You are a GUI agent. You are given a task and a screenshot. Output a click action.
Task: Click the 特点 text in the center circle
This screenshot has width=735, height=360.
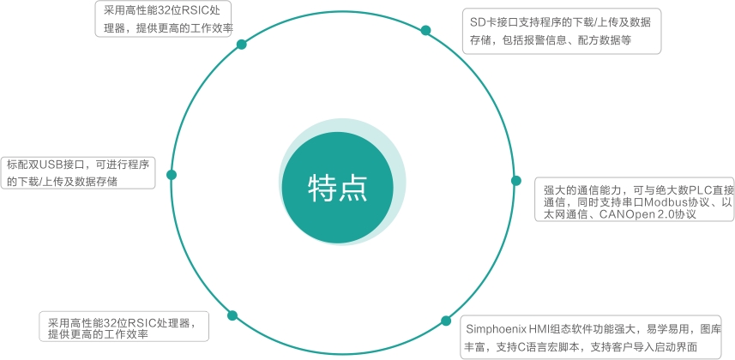(338, 188)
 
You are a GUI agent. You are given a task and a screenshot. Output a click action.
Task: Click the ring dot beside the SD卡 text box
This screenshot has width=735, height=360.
(425, 31)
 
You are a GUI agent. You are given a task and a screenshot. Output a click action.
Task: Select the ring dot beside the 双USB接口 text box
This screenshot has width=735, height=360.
(172, 174)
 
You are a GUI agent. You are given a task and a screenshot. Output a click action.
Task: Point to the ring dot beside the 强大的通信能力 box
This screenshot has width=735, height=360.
(515, 181)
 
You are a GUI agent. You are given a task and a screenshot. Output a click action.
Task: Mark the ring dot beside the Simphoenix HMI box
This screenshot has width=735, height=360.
(445, 321)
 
